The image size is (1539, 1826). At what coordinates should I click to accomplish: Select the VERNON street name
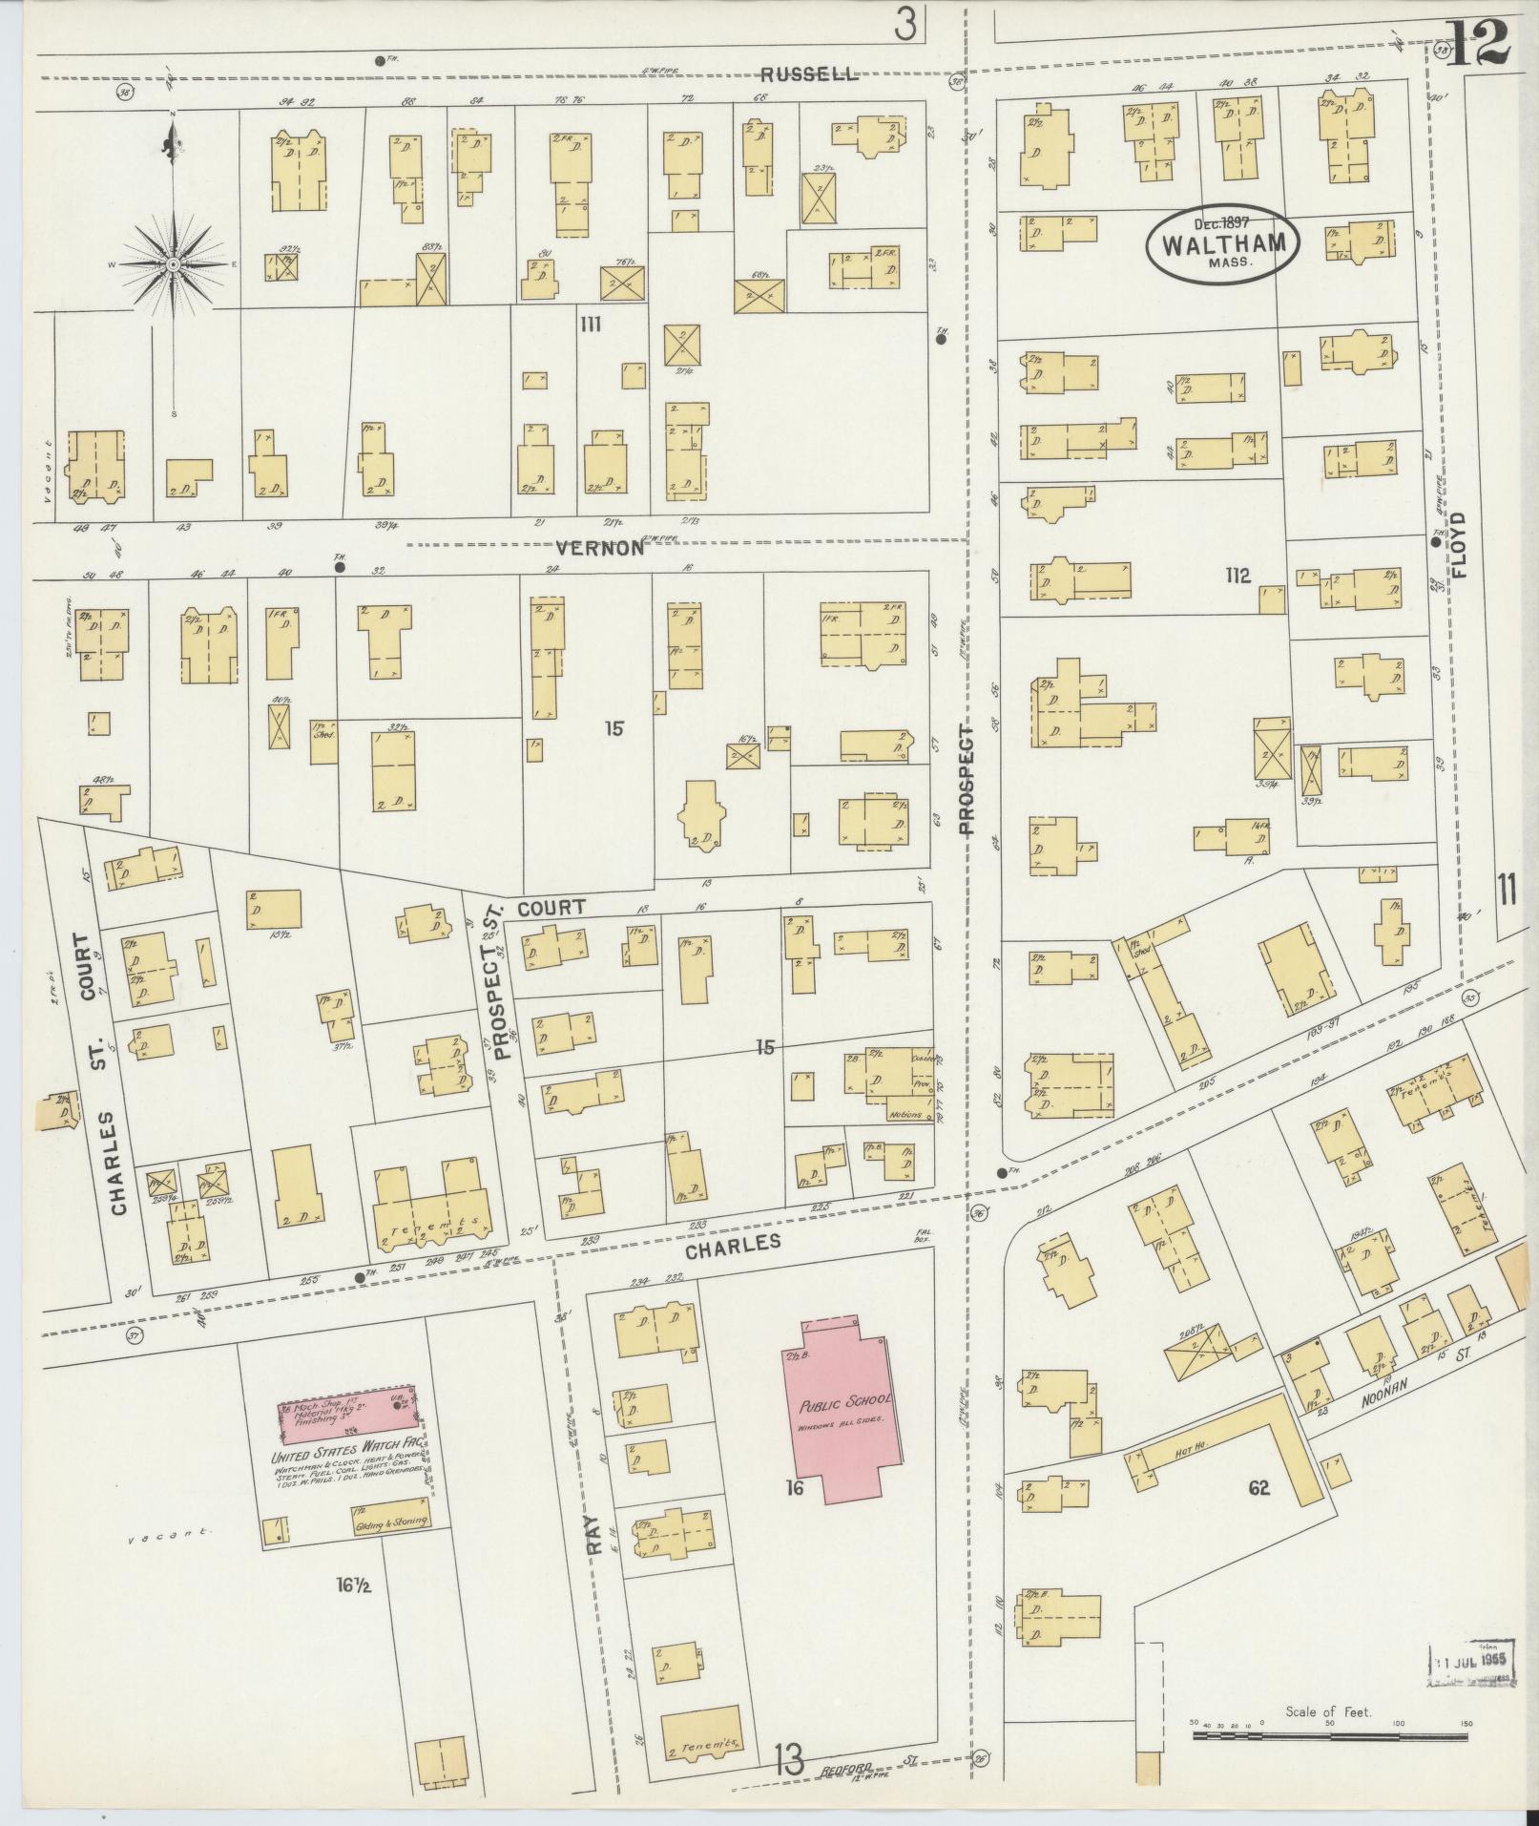click(x=601, y=548)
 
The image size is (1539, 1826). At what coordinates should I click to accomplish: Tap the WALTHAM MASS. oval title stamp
click(x=1222, y=243)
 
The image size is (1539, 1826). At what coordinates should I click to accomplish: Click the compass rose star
click(x=173, y=264)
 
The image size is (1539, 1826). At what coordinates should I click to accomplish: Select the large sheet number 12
click(x=1477, y=41)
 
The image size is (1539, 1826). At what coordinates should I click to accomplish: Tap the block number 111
click(x=591, y=325)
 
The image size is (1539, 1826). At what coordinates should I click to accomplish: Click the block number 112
click(x=1237, y=576)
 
